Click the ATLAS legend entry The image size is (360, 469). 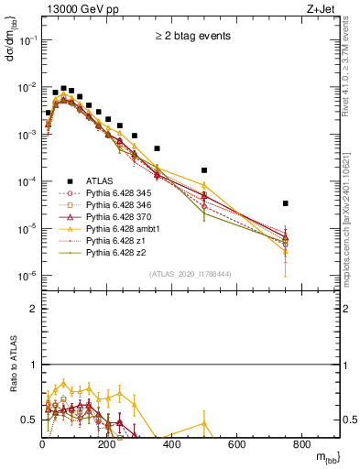coord(100,181)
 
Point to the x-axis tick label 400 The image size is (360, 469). coord(172,444)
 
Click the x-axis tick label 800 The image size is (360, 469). coord(302,444)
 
